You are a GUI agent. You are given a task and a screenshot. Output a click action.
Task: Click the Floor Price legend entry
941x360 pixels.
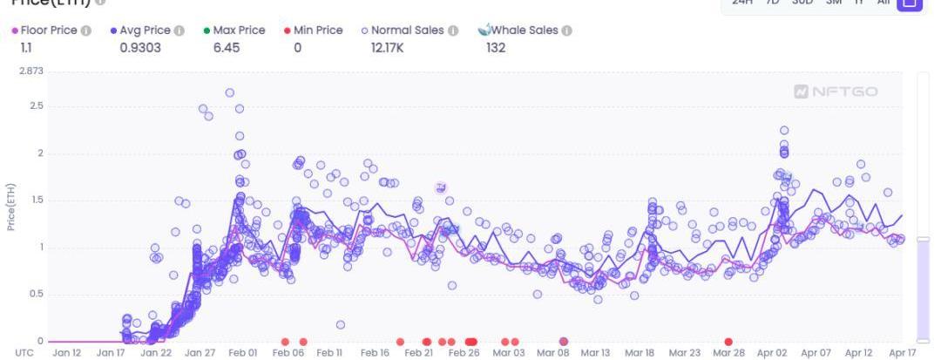(48, 31)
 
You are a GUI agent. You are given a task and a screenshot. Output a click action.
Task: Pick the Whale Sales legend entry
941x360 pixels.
(524, 31)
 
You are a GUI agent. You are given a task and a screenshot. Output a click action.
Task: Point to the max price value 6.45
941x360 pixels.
(227, 48)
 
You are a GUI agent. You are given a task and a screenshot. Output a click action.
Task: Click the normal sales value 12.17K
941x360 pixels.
(387, 48)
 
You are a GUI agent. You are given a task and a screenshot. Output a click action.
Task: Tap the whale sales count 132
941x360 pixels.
(497, 48)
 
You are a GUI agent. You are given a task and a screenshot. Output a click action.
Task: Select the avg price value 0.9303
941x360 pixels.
(140, 48)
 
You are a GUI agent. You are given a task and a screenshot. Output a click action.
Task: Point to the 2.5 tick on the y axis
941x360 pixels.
(36, 106)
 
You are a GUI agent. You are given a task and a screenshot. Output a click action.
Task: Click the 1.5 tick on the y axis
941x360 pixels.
(36, 200)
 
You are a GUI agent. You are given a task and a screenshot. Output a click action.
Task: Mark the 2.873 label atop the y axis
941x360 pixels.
(31, 71)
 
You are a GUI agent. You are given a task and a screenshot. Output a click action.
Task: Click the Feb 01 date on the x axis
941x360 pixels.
(242, 353)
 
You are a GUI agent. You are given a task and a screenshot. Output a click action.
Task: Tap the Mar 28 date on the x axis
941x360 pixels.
(728, 353)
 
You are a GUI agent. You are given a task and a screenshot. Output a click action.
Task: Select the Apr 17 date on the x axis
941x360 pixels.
(903, 353)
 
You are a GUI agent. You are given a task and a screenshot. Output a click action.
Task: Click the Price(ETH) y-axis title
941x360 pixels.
(11, 207)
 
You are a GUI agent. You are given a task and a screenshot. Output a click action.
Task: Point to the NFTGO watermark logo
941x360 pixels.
(836, 92)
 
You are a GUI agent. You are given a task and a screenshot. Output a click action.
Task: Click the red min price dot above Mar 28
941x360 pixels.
(728, 342)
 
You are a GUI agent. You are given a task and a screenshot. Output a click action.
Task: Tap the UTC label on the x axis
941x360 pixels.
(24, 353)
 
